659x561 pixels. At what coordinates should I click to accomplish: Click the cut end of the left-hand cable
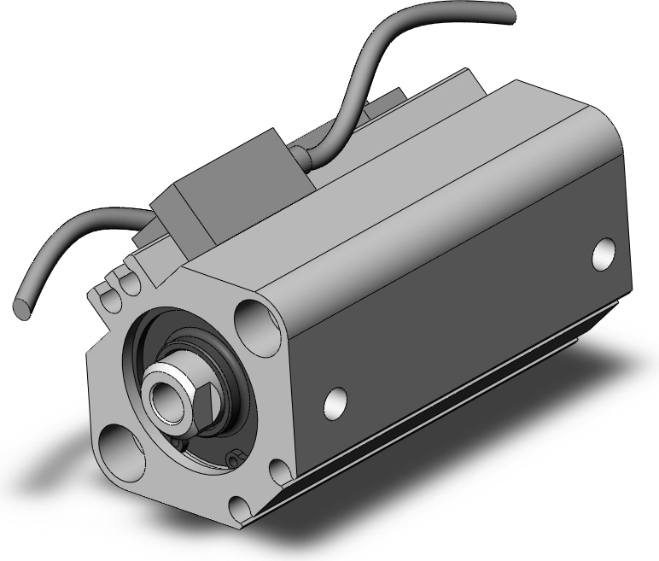coord(23,303)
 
